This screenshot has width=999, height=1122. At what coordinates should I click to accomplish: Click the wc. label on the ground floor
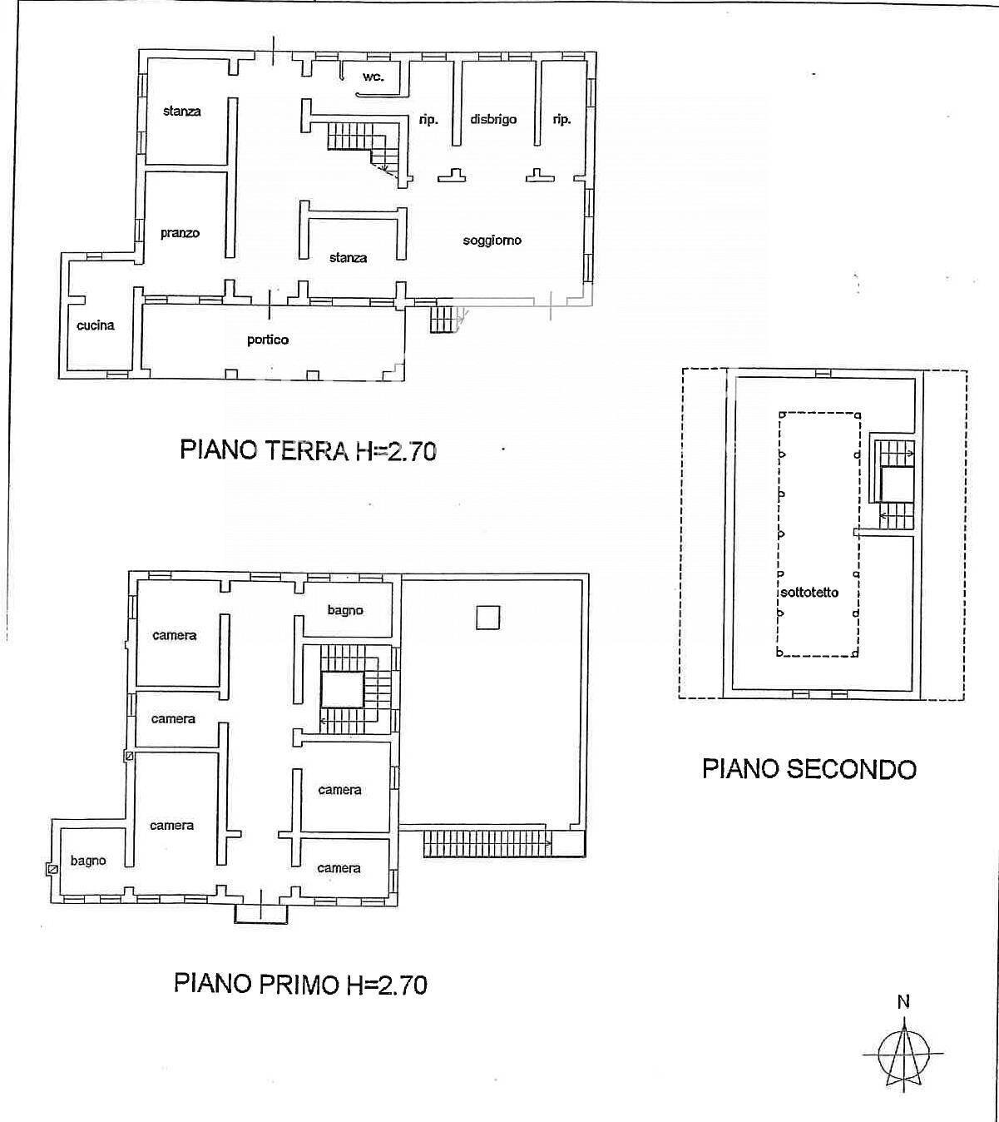(x=373, y=77)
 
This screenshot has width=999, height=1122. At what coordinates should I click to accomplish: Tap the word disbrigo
(x=493, y=119)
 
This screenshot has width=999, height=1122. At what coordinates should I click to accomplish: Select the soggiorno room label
(x=492, y=240)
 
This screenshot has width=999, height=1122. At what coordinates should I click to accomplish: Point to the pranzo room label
(x=180, y=233)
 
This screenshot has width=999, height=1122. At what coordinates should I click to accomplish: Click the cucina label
(x=95, y=325)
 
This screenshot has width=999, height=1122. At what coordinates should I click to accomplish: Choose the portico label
(x=268, y=340)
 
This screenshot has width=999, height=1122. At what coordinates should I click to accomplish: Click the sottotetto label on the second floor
(x=809, y=593)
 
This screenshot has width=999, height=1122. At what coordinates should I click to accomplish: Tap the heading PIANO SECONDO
(x=809, y=768)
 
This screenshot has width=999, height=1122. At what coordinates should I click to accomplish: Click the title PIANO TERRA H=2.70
(x=308, y=450)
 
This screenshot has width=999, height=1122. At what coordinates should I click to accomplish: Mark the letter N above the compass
(x=903, y=1002)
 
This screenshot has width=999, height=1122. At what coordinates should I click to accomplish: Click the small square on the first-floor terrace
(x=487, y=617)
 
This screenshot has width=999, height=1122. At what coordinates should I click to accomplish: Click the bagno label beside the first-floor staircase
(x=345, y=610)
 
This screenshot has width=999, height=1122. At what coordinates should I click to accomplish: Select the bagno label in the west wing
(x=87, y=860)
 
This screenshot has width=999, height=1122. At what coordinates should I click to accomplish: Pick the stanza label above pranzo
(x=181, y=111)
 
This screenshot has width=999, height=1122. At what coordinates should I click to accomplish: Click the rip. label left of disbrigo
(x=428, y=120)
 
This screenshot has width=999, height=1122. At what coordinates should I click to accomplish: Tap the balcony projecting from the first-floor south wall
(x=261, y=914)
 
